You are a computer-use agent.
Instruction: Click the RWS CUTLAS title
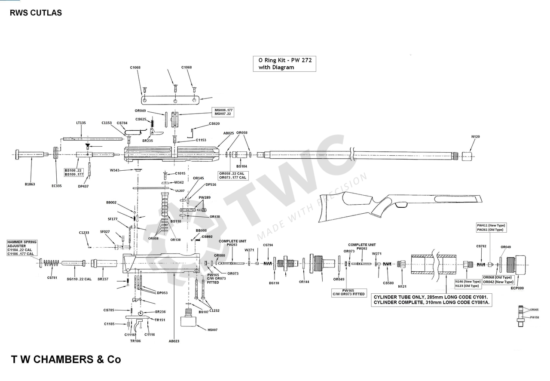tap(36, 12)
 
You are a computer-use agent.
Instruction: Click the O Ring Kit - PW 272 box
tap(284, 64)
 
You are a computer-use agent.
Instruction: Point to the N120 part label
tap(475, 137)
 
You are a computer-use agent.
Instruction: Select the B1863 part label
tap(30, 184)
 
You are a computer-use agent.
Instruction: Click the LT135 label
tap(81, 123)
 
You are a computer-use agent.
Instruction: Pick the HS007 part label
tap(212, 330)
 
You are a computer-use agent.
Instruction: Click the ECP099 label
tap(517, 289)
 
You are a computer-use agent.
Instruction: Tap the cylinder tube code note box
tap(431, 300)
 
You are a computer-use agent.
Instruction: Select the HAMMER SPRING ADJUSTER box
tap(22, 248)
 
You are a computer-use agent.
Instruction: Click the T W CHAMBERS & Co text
tap(66, 359)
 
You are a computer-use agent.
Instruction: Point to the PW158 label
tap(534, 317)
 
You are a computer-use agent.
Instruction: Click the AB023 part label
tap(174, 341)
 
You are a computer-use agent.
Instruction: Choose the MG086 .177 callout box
tap(224, 112)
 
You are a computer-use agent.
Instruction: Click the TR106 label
tap(135, 341)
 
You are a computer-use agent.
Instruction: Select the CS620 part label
tap(214, 124)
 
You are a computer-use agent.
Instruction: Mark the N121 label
tap(402, 286)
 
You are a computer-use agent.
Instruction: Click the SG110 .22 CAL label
tap(79, 279)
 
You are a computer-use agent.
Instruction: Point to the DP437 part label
tap(83, 186)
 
